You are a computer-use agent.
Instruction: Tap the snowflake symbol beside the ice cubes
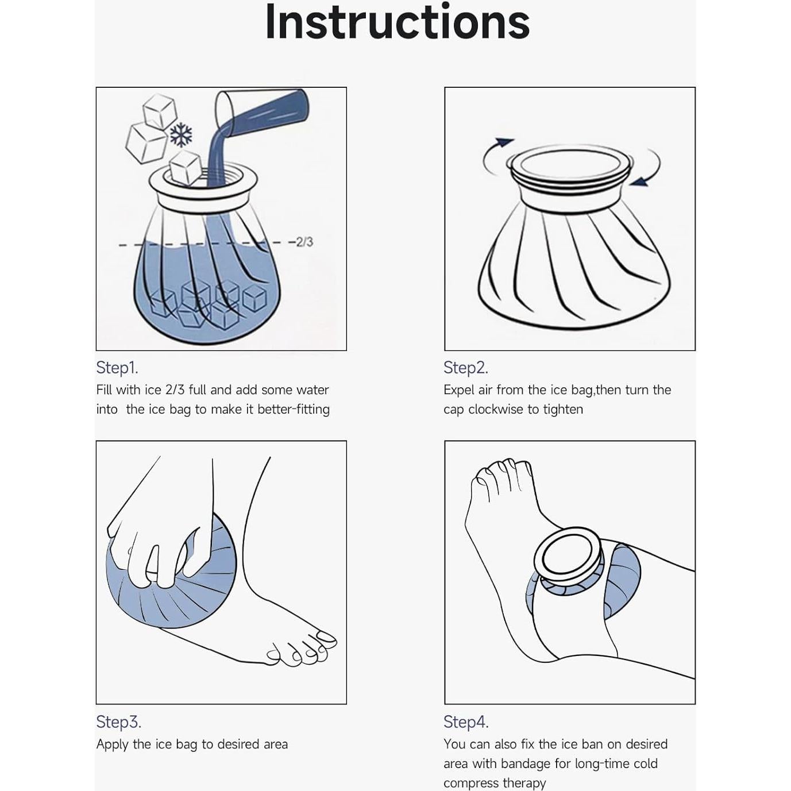point(181,134)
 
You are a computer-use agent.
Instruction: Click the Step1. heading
point(117,368)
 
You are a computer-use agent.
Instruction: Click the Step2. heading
point(466,368)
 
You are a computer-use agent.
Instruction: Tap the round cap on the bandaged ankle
point(568,556)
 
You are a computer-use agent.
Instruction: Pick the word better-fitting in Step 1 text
point(294,410)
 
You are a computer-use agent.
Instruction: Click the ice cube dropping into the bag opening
point(186,168)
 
